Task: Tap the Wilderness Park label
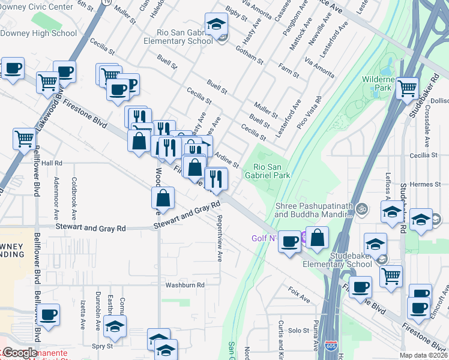[x=376, y=83]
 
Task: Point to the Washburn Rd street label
[x=185, y=285]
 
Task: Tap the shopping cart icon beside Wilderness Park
[x=408, y=88]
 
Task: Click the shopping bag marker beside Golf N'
[x=318, y=238]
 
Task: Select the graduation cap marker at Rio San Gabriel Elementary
[x=216, y=25]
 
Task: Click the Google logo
[x=19, y=353]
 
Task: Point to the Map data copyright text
[x=424, y=355]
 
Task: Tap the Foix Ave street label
[x=298, y=296]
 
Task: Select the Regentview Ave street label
[x=220, y=238]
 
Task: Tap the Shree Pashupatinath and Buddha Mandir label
[x=312, y=210]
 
